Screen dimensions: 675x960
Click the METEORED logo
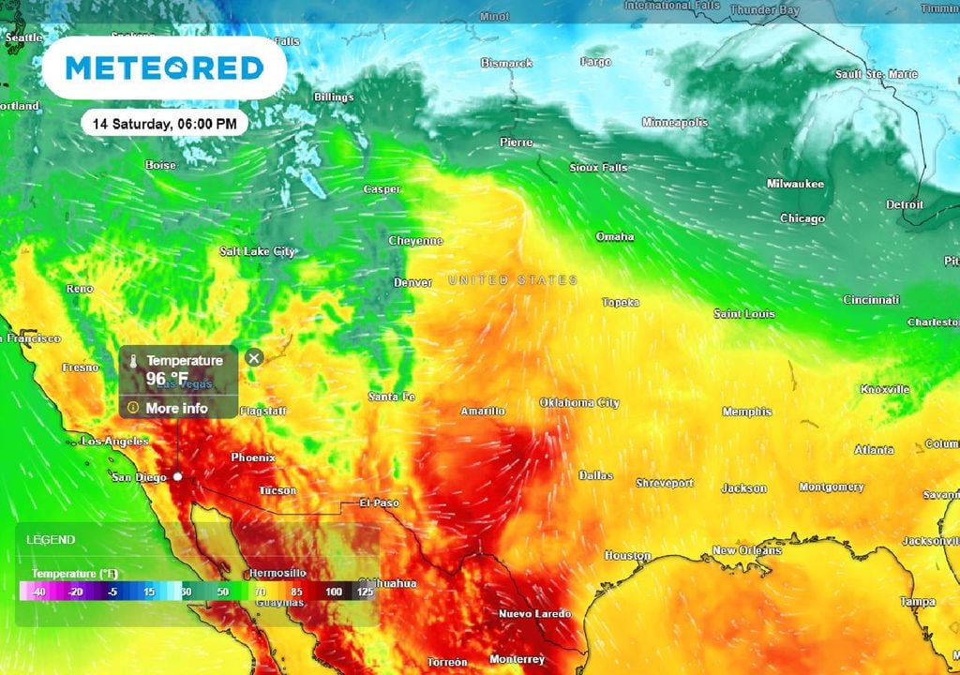[x=164, y=68]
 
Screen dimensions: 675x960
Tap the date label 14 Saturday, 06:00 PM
[x=164, y=122]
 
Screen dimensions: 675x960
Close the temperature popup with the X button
[x=253, y=357]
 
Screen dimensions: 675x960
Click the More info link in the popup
[x=176, y=408]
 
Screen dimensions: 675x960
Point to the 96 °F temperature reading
[x=167, y=379]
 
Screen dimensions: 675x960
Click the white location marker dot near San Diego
[x=177, y=476]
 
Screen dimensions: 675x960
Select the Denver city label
[x=412, y=282]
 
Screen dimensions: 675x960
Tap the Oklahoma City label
[x=579, y=402]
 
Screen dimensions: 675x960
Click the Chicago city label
[x=802, y=218]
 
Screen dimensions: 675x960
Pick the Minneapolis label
[x=675, y=122]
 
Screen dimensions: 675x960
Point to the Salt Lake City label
[x=257, y=251]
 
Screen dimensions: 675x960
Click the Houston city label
[x=627, y=555]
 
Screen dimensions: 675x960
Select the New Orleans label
[x=746, y=550]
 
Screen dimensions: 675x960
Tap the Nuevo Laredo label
[x=532, y=614]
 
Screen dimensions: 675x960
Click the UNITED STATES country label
[x=513, y=279]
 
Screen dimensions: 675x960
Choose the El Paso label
[x=380, y=502]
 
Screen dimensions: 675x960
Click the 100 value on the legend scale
[x=334, y=592]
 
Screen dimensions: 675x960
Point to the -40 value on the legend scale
[x=37, y=592]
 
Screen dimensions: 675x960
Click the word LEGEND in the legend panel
[x=51, y=540]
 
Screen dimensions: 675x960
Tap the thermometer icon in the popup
[x=133, y=361]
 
